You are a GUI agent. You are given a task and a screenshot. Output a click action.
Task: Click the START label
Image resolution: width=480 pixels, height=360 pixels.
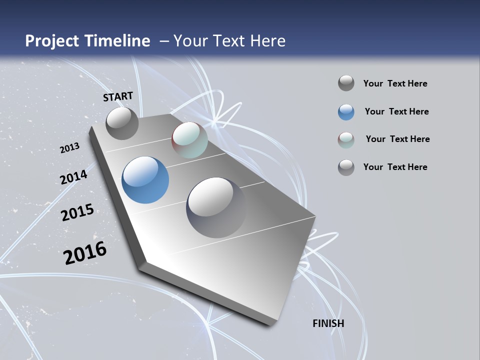118,96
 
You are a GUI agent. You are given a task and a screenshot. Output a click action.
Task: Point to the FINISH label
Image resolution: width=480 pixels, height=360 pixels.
328,323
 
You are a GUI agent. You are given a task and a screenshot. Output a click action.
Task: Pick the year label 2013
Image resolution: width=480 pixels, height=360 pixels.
70,148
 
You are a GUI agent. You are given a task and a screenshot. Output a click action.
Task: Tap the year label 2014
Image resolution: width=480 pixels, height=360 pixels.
74,177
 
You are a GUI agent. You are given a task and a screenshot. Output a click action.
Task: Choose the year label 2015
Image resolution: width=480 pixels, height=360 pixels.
77,212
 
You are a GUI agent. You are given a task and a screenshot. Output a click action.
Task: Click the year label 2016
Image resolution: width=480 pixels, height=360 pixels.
85,253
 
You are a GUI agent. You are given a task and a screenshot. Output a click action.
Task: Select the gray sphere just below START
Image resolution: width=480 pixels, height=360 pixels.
122,123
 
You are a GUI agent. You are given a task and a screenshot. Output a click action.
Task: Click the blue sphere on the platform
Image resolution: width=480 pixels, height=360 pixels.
145,180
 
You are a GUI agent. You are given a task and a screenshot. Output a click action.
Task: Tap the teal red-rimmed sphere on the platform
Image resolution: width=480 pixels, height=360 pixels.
189,140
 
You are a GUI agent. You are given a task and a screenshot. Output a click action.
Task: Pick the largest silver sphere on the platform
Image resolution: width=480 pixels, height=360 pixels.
216,207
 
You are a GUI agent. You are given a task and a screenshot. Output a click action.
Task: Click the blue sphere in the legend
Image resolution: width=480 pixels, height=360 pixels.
346,112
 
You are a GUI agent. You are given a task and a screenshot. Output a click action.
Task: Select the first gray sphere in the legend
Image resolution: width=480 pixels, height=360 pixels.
346,83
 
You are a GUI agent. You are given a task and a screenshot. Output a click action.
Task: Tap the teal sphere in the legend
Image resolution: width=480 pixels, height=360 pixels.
346,140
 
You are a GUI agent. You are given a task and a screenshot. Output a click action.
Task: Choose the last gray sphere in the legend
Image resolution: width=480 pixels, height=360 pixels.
346,167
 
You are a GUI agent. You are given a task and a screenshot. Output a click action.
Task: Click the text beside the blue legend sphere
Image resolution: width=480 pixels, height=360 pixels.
396,111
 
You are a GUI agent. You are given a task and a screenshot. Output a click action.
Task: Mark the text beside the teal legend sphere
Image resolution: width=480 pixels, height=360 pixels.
397,139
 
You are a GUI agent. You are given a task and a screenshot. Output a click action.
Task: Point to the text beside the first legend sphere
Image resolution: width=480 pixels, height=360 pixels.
395,83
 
